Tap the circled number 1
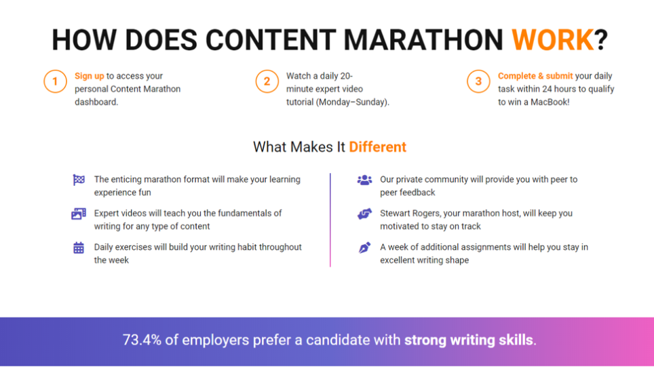(x=55, y=82)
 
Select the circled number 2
(x=267, y=82)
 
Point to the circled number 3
(x=478, y=82)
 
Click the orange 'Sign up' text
(x=89, y=76)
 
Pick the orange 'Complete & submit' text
(x=535, y=76)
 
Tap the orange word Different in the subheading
(x=377, y=147)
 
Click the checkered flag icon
(x=79, y=180)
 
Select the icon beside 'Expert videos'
(x=79, y=214)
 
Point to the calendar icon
(x=79, y=248)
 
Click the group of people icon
(x=364, y=180)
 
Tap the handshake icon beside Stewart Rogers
(x=364, y=214)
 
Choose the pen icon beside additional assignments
(x=364, y=248)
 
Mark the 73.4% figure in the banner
(x=142, y=340)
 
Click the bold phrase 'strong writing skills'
(x=469, y=340)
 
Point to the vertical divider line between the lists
(x=330, y=220)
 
